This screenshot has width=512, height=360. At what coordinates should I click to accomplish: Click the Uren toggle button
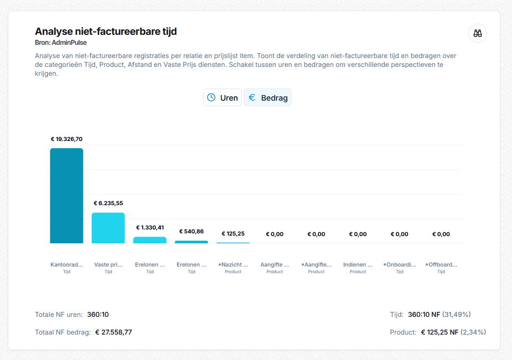coord(222,97)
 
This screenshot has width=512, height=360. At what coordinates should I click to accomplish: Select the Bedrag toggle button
coord(268,97)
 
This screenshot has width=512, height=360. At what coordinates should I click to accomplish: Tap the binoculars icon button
coord(477,33)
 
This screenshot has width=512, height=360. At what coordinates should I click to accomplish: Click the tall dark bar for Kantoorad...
coord(66,196)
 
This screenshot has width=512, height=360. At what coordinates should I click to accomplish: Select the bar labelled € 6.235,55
coord(108,228)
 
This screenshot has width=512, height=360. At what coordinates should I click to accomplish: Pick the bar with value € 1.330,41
coord(150,240)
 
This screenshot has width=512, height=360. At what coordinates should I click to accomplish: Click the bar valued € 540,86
coord(191,242)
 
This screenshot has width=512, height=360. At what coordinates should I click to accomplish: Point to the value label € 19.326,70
coord(66,139)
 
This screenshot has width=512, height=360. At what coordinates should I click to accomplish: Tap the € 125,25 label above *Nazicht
coord(233,233)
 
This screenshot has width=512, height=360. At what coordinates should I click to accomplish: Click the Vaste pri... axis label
coord(108,265)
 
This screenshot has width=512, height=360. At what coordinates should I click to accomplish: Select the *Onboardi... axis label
coord(400,265)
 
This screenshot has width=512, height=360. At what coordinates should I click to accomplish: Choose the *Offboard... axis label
coord(441,265)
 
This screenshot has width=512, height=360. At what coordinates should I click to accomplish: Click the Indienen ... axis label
coord(358,265)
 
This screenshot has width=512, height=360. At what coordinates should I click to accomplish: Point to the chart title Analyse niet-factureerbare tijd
coord(106,32)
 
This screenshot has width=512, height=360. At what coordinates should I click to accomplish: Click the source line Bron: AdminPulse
coord(61,43)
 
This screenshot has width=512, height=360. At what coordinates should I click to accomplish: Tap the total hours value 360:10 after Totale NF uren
coord(98,315)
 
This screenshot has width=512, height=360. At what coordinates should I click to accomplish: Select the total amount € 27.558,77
coord(114,332)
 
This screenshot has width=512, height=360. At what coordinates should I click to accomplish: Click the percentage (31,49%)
coord(457,315)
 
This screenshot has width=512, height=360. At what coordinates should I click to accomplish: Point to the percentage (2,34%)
coord(473,332)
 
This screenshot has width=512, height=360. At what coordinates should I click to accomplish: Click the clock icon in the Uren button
coord(211,97)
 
